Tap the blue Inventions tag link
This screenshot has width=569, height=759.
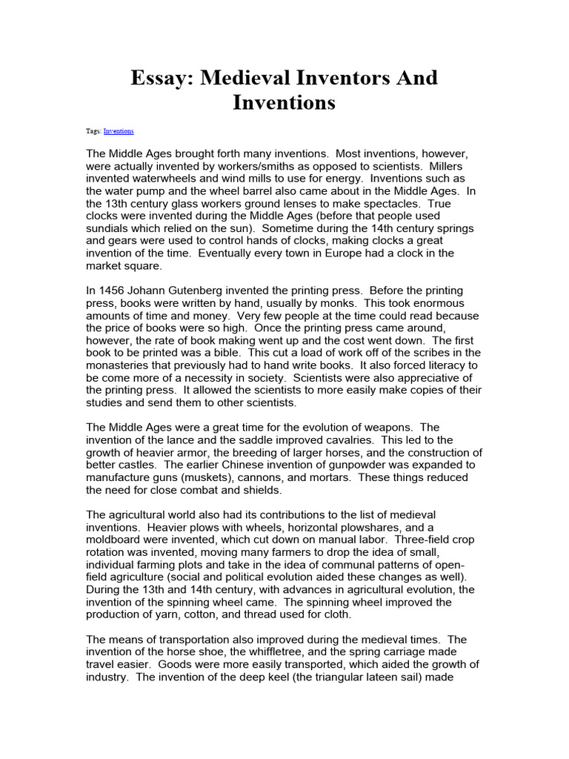[x=119, y=130]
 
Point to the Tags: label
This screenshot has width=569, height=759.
[x=94, y=130]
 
